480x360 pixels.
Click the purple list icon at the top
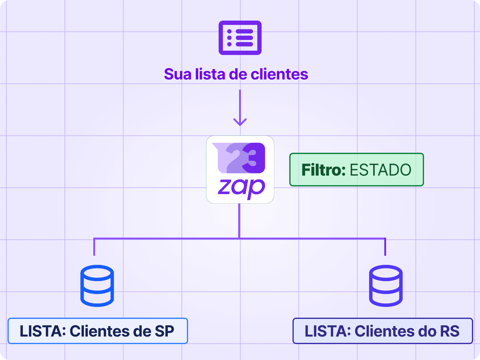click(x=240, y=38)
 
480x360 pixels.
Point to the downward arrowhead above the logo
click(x=240, y=121)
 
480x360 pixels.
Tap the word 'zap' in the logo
click(x=241, y=187)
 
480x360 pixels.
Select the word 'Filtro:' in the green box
click(x=323, y=170)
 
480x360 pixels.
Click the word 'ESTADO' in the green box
click(x=380, y=170)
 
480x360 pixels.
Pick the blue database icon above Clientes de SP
click(x=97, y=286)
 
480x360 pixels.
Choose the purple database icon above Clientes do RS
click(x=385, y=286)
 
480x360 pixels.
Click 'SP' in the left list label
click(x=164, y=331)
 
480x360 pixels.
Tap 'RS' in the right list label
click(x=449, y=331)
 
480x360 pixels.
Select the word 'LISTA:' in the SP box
click(x=43, y=331)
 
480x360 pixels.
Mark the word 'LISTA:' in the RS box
click(x=328, y=331)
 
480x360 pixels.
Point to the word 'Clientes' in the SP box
click(x=95, y=331)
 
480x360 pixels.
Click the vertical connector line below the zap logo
click(x=239, y=221)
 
